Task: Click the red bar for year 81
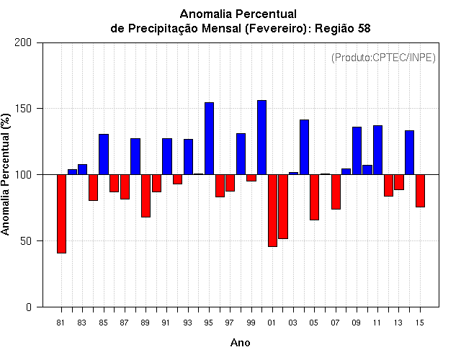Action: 61,214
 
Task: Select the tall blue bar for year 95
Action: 209,138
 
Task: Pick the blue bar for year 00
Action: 261,138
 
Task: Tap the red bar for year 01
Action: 272,210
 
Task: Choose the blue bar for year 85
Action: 104,154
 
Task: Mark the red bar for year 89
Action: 146,196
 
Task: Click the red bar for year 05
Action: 314,197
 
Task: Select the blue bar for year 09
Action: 357,150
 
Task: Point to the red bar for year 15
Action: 420,191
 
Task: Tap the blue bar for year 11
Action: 377,150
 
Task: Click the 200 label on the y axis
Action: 23,42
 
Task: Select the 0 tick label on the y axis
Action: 29,307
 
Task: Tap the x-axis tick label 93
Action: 187,323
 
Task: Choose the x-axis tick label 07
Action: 335,323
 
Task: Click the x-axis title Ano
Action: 240,343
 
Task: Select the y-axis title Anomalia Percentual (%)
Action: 5,174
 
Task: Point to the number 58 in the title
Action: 364,29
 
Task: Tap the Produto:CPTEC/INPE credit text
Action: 383,58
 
